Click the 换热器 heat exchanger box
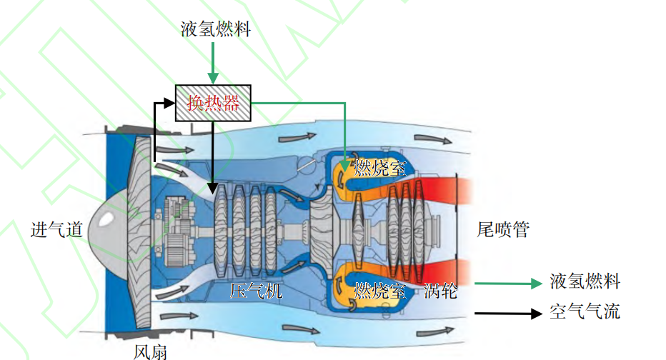click(214, 103)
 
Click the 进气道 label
click(56, 230)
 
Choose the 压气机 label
click(256, 291)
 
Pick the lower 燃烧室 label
click(380, 291)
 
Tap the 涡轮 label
click(440, 291)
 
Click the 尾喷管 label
click(503, 230)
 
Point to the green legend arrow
click(508, 283)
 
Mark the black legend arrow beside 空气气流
click(508, 313)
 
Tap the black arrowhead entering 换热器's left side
click(169, 104)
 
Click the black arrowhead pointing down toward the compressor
click(213, 189)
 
